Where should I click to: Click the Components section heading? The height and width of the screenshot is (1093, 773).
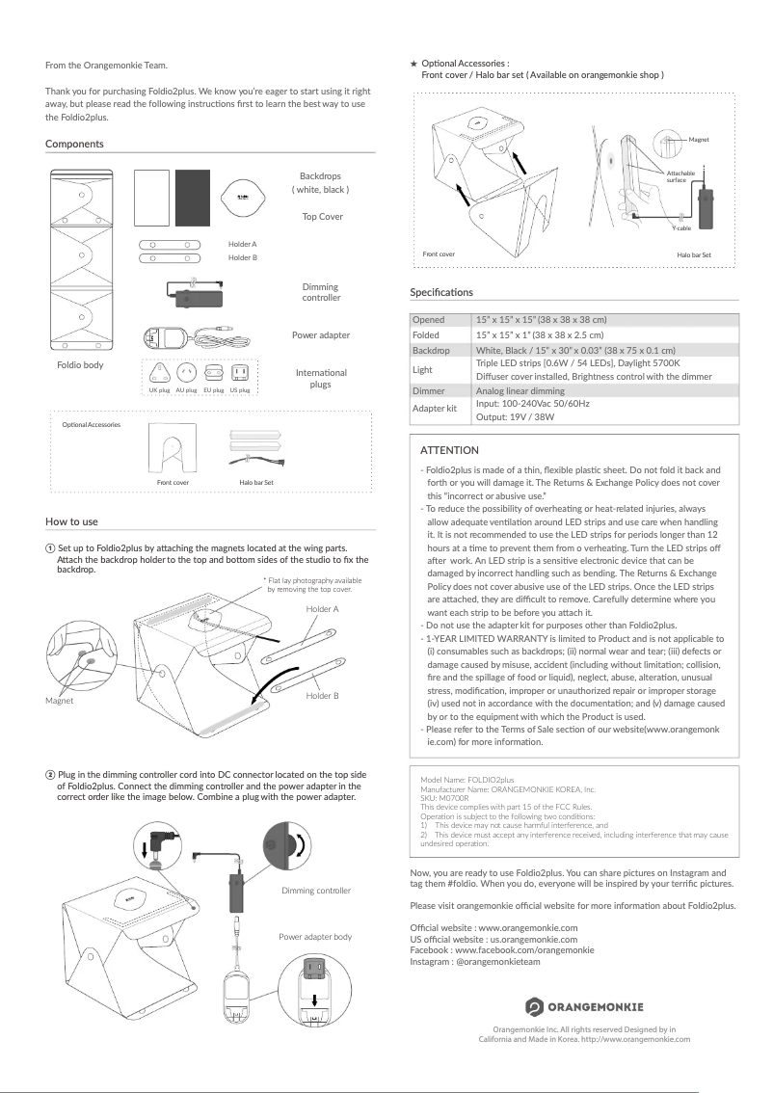[74, 144]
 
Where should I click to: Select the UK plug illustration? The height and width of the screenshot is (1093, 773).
[159, 373]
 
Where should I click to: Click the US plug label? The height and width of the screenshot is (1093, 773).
[241, 390]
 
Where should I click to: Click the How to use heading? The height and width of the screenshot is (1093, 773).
[71, 521]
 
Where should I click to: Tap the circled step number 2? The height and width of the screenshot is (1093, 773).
[50, 775]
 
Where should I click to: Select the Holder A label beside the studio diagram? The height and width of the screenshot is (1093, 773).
[322, 610]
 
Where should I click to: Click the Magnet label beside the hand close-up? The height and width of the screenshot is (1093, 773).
[60, 701]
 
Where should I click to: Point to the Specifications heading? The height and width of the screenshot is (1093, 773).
[441, 292]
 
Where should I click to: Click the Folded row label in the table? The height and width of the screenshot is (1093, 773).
[426, 334]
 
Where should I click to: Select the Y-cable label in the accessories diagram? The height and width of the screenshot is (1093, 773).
[681, 227]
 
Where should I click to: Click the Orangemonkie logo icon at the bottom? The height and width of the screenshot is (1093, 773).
[535, 1006]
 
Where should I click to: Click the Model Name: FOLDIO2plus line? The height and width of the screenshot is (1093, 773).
[467, 777]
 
